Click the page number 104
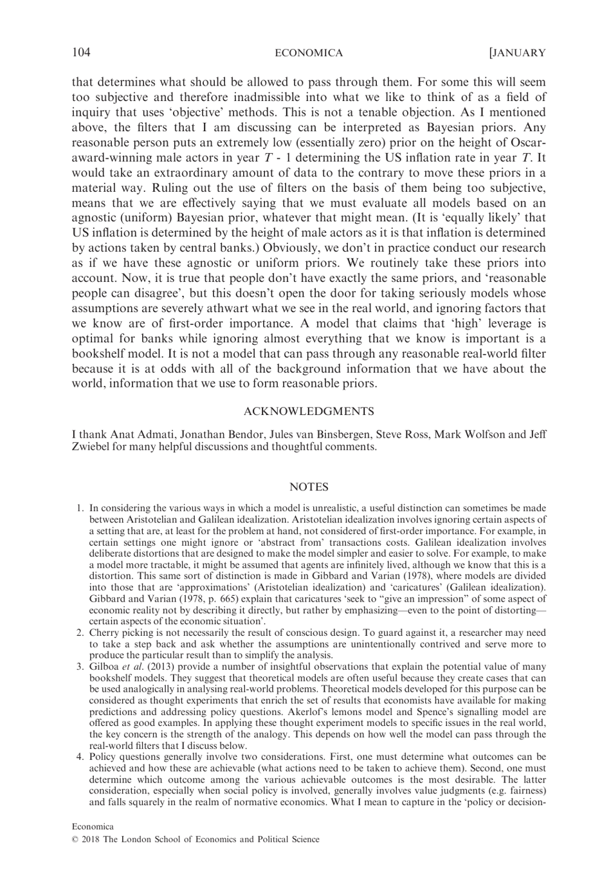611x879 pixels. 80,53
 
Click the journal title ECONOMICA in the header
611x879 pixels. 309,53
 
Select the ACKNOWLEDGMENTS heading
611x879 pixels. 309,411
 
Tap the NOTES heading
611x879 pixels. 309,487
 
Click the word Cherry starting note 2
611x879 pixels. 104,633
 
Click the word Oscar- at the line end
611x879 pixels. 527,142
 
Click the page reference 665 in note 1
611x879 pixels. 200,610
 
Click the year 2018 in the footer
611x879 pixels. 91,839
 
